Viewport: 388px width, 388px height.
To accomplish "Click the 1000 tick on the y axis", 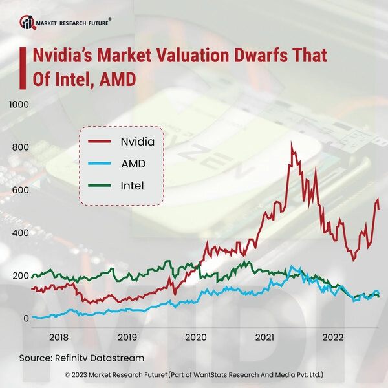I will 19,104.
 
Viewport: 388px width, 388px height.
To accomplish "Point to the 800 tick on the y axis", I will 19,147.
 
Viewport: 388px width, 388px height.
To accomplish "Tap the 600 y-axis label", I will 19,190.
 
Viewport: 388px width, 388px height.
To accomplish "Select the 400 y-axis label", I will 19,233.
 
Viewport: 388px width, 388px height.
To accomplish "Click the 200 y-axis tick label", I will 19,276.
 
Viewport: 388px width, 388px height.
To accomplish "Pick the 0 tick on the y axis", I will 27,319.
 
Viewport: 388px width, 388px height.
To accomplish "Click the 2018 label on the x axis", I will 58,337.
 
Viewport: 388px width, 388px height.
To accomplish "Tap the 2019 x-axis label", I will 127,337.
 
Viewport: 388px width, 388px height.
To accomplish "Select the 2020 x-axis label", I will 195,337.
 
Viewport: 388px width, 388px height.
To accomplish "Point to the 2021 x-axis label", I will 264,337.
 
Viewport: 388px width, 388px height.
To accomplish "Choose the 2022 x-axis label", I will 333,337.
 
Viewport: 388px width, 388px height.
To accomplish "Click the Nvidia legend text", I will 133,141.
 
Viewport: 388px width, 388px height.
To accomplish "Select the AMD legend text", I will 133,164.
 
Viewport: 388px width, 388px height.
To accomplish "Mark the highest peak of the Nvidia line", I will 292,142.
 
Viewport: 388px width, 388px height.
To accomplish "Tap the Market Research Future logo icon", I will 27,23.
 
